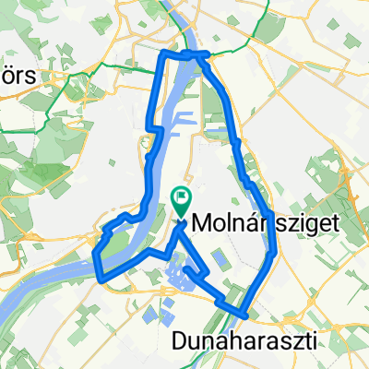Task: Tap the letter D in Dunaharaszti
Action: tap(181, 340)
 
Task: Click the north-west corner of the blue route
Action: tap(163, 54)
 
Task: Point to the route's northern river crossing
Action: tap(188, 55)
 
